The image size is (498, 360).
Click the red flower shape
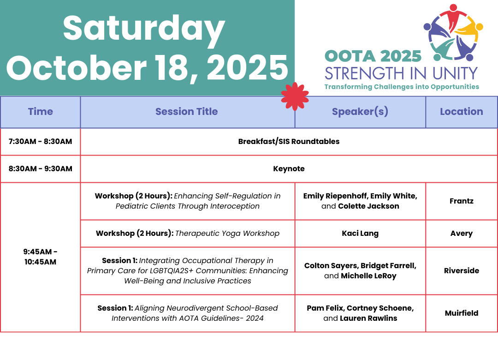pos(295,96)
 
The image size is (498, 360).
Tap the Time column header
pos(40,112)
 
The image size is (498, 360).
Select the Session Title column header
pos(186,112)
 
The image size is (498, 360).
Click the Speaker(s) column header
pos(360,112)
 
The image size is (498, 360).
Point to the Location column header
pos(462,112)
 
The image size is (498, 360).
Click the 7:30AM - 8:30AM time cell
pos(40,142)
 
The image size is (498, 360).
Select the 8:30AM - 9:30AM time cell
pos(40,169)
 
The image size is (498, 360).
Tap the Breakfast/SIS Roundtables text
pos(289,142)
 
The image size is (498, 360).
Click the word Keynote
pos(289,169)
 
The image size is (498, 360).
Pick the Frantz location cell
pos(462,201)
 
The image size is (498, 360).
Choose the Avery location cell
pos(462,234)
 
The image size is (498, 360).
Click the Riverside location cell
pos(462,270)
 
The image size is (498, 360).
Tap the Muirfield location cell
pos(462,313)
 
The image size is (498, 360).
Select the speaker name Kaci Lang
pos(360,234)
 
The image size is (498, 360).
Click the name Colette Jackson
pos(368,206)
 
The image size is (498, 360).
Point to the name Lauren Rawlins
pos(368,318)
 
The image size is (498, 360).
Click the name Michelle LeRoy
pos(368,276)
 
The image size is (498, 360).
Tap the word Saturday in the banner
pos(144,29)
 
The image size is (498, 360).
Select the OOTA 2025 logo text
pos(373,56)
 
